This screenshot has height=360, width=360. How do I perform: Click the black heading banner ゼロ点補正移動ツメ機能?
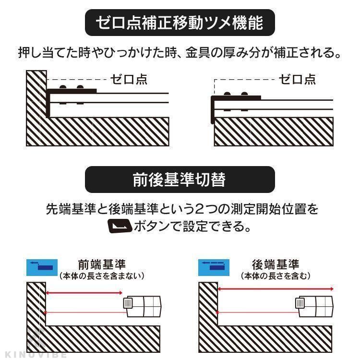[x=180, y=23]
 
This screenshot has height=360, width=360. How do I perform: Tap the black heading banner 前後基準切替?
[x=180, y=180]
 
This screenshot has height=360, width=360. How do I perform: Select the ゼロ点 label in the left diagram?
[x=129, y=79]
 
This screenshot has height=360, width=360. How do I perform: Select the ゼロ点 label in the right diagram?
[x=297, y=79]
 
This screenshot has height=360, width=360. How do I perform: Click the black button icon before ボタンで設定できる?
[x=120, y=226]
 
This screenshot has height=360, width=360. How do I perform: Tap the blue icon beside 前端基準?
[x=42, y=267]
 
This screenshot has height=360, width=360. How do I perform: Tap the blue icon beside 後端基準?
[x=214, y=267]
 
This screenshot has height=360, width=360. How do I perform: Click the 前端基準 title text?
[x=102, y=264]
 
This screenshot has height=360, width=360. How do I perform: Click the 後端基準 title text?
[x=276, y=264]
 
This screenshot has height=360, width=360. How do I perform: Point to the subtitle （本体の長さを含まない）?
[x=102, y=276]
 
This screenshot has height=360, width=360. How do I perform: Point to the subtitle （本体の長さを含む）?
[x=276, y=276]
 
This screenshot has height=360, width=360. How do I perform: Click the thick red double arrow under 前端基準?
[x=84, y=293]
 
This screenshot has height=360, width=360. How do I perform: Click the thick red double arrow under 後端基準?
[x=276, y=289]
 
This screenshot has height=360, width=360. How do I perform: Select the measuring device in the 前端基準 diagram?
[x=142, y=307]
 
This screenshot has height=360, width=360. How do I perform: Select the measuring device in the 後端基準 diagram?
[x=314, y=307]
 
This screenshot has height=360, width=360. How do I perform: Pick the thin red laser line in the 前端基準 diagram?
[x=85, y=312]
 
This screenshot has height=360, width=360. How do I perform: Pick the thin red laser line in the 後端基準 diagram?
[x=257, y=312]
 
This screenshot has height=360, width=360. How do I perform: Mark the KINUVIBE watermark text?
[x=35, y=355]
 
